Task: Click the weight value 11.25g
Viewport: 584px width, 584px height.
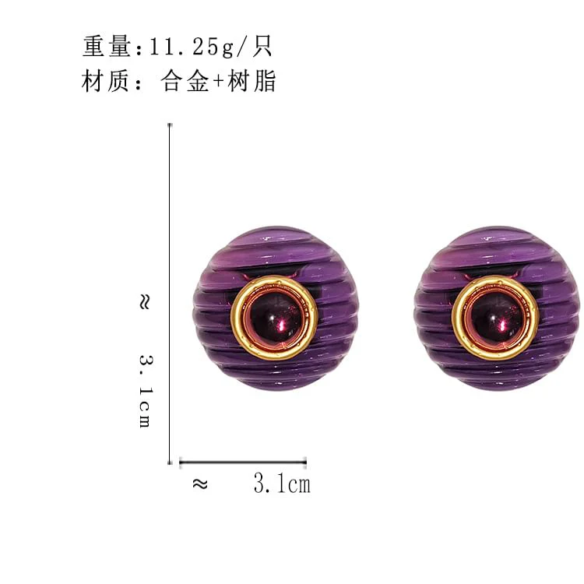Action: pyautogui.click(x=191, y=47)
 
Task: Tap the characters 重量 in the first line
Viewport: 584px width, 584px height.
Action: pyautogui.click(x=107, y=46)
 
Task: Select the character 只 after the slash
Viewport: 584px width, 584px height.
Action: pyautogui.click(x=262, y=46)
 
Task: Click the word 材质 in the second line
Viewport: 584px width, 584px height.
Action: pyautogui.click(x=106, y=81)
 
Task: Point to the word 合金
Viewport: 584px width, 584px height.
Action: pyautogui.click(x=185, y=81)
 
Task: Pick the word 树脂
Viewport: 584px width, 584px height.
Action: pyautogui.click(x=252, y=81)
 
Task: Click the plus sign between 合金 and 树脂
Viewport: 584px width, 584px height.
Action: pyautogui.click(x=218, y=81)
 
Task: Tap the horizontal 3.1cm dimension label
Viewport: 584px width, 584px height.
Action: pyautogui.click(x=282, y=484)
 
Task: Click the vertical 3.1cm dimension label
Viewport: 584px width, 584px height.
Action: pyautogui.click(x=146, y=391)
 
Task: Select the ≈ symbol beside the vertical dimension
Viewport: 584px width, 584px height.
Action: pyautogui.click(x=145, y=301)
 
